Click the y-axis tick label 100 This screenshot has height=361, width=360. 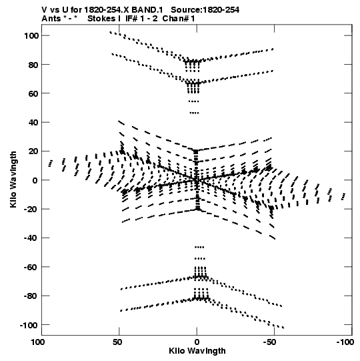[x=31, y=35]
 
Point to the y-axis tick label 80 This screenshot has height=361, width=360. [x=33, y=65]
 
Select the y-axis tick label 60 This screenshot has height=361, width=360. [x=33, y=93]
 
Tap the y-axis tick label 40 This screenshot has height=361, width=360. [x=33, y=123]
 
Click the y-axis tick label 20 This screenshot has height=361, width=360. [x=33, y=151]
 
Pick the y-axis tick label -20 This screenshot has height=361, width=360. [x=31, y=209]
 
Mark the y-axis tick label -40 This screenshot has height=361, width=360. [x=31, y=238]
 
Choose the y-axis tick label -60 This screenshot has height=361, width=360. [x=31, y=267]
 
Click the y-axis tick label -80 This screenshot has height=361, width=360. [x=31, y=296]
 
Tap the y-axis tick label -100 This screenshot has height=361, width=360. [x=29, y=325]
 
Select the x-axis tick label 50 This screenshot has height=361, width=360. [x=117, y=342]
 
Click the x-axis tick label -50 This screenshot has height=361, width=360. [x=269, y=342]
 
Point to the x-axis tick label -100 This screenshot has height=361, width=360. [x=345, y=342]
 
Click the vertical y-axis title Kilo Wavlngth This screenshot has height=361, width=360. [x=13, y=179]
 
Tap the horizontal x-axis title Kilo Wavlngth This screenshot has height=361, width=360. [x=197, y=351]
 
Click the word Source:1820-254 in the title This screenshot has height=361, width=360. [x=205, y=10]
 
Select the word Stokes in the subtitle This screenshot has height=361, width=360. [x=102, y=19]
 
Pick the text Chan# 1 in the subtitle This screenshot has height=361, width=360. [x=179, y=19]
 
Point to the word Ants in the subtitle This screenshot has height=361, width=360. [x=51, y=19]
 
